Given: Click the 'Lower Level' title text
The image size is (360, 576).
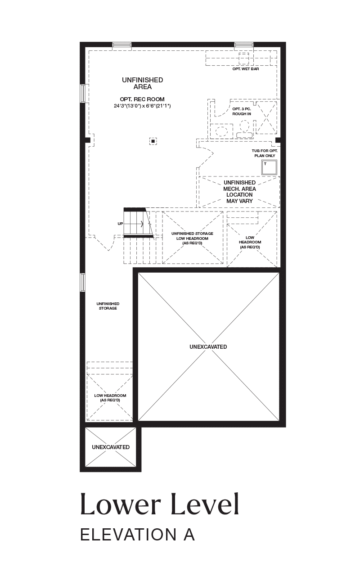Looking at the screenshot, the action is pos(160,504).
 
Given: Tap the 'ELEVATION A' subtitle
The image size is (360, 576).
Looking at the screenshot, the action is pos(138,535).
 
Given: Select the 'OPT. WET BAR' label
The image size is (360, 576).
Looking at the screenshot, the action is pos(246,69).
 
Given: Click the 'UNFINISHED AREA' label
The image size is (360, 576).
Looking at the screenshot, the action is pos(143,83).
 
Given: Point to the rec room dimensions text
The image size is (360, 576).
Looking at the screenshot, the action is pos(143,106).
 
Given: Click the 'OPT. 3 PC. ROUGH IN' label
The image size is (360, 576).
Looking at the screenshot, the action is pos(242,111).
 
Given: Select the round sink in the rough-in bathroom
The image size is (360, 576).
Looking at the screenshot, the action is pos(221,131).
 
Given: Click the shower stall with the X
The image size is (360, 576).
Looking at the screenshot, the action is pos(266,117).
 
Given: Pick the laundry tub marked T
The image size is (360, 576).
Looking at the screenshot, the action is pos(269,167).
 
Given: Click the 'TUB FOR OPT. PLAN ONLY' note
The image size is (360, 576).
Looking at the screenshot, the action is pos(265,153).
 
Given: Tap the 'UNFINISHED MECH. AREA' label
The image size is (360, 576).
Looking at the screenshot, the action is pos(239,186).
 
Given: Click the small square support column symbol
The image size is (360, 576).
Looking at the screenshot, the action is pos(153,141).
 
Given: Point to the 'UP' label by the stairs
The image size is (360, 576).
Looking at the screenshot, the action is pos(120,224).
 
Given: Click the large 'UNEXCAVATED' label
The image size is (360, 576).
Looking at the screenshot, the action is pos(208,346).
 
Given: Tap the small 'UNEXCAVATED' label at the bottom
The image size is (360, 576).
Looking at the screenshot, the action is pos(111,447).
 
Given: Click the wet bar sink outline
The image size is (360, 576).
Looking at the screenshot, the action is pos(244,59).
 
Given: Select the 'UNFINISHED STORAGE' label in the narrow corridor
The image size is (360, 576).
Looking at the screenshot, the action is pos(108,306).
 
